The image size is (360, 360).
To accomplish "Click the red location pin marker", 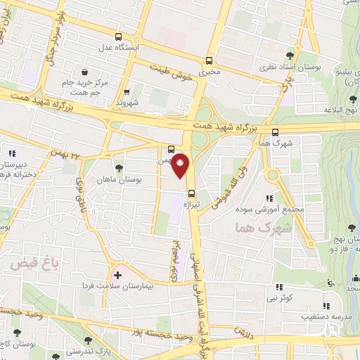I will click(x=180, y=164).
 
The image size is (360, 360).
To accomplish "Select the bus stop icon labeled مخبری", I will click(x=209, y=60).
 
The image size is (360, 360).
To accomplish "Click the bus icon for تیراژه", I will click(x=191, y=192).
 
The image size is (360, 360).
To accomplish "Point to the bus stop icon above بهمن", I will click(x=172, y=149).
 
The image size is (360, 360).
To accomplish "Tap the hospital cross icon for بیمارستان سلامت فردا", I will click(x=117, y=276).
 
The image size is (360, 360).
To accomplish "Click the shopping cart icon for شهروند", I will click(x=127, y=91).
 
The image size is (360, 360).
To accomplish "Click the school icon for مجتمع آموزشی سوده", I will click(x=270, y=199).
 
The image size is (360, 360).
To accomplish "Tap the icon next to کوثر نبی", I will click(x=279, y=287).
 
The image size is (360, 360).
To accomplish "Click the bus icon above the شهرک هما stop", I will click(x=275, y=131).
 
